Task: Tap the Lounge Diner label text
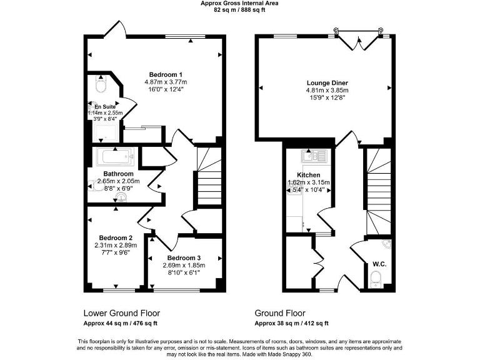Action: click(x=327, y=82)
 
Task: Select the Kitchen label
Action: click(x=308, y=175)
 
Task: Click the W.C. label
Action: click(x=379, y=264)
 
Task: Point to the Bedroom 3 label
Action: click(x=184, y=257)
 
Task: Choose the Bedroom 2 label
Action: click(x=115, y=237)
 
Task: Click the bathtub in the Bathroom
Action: click(x=113, y=156)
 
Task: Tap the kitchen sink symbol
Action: click(x=310, y=156)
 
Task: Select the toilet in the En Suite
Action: click(x=102, y=84)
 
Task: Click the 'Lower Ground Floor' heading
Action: click(x=121, y=313)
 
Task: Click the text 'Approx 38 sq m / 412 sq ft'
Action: click(x=291, y=324)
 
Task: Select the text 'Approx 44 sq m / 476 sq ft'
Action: click(x=120, y=324)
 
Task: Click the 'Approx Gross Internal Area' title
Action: click(x=239, y=3)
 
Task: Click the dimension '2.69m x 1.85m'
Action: click(x=184, y=265)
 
